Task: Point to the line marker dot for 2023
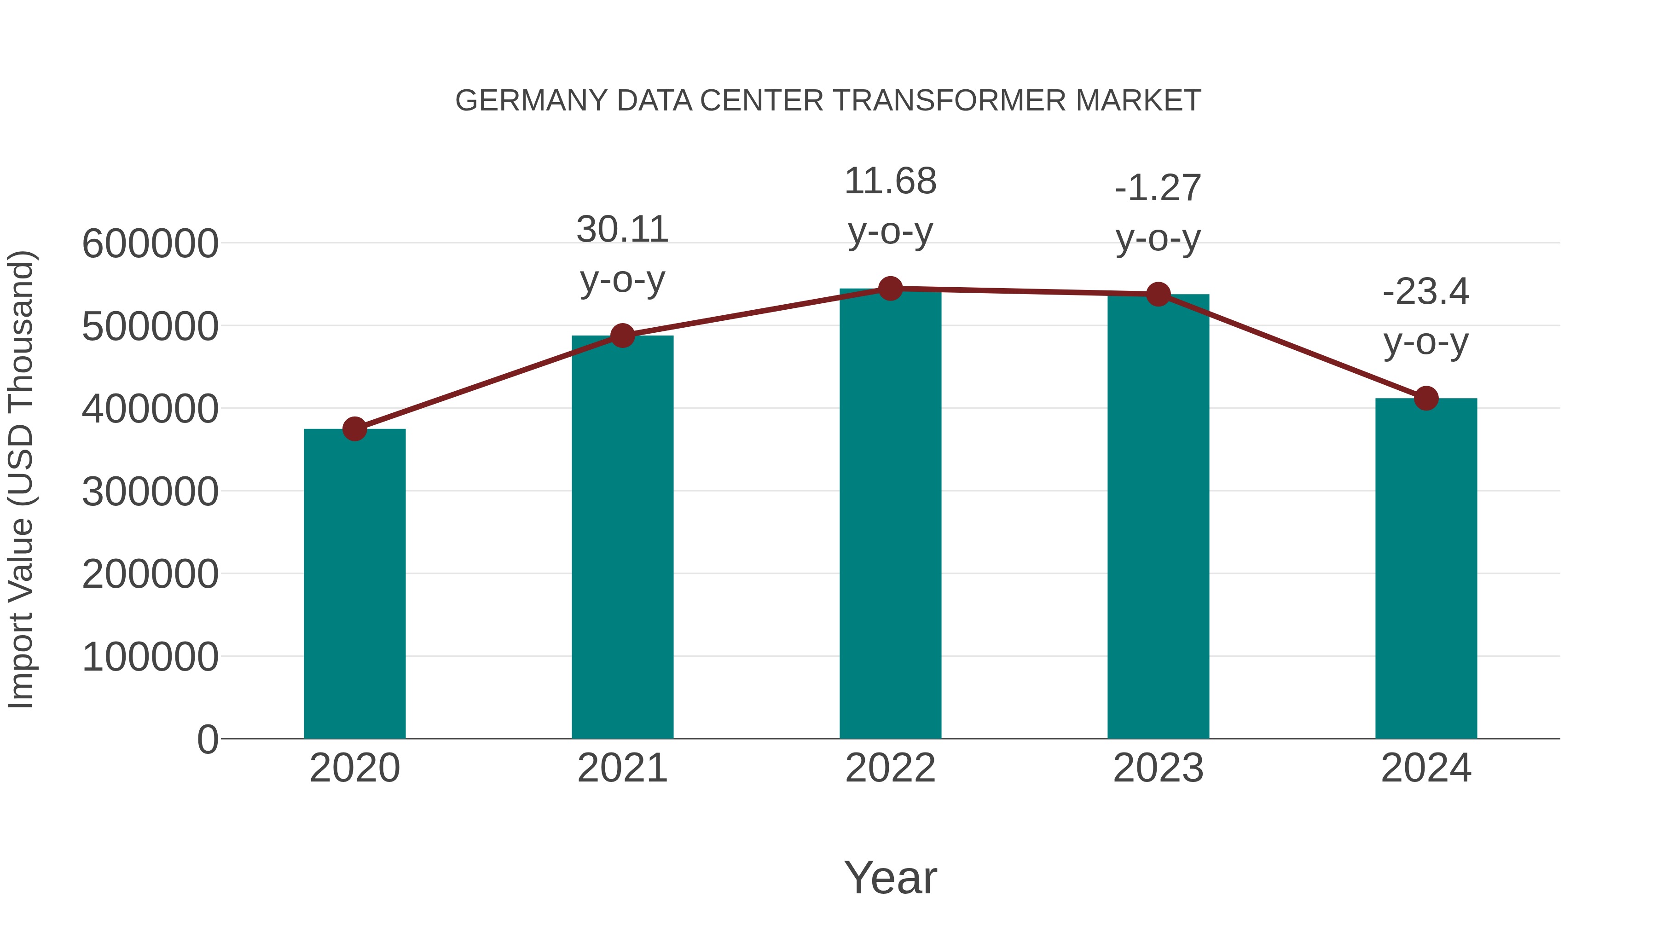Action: (1158, 294)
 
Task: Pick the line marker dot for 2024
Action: (1426, 398)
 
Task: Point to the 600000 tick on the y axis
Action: (150, 244)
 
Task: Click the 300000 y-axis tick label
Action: (150, 492)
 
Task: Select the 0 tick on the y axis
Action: (208, 740)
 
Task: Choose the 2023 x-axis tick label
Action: (1158, 768)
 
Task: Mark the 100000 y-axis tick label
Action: (150, 657)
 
